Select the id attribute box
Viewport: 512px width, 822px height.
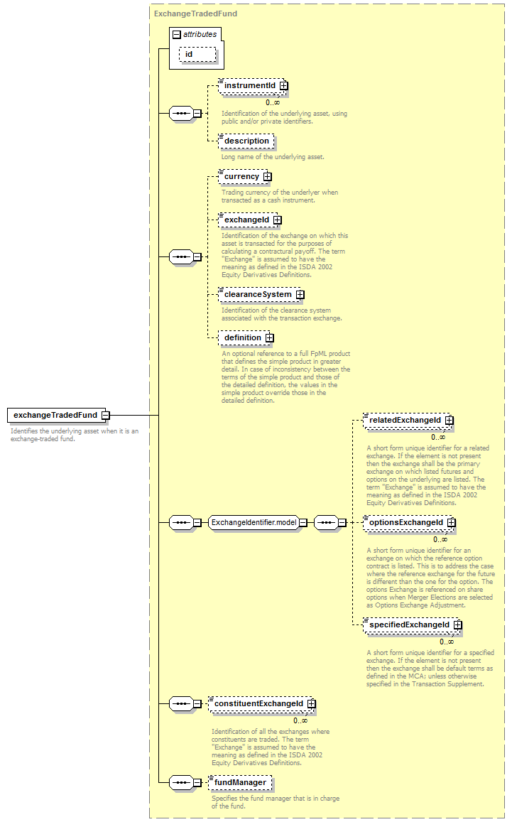tap(197, 55)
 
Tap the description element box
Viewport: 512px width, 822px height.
tap(246, 141)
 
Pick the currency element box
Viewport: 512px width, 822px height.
tap(244, 177)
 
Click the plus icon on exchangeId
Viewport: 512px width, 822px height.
tap(277, 220)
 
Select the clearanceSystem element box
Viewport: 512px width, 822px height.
tap(260, 295)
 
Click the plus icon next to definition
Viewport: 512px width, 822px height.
tap(269, 338)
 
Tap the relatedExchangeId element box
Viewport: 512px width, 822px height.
tap(407, 421)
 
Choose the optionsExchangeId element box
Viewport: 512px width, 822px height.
tap(408, 523)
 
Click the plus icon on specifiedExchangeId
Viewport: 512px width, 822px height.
tap(458, 625)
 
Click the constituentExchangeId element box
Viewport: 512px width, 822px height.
tap(261, 704)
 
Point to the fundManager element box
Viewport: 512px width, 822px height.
tap(240, 783)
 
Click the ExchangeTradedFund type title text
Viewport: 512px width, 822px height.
tap(195, 13)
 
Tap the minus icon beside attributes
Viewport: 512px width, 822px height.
tap(177, 35)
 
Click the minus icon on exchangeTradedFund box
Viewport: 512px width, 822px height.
tap(105, 415)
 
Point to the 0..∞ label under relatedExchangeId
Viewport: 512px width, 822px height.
tap(438, 437)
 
